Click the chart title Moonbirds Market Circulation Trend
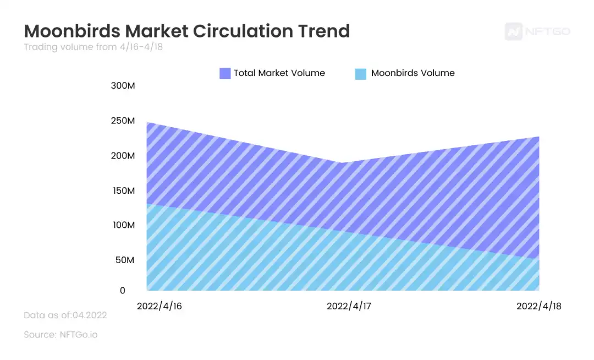click(x=186, y=30)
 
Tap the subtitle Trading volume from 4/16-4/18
click(x=93, y=47)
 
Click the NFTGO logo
click(x=537, y=31)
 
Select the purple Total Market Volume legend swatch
click(x=225, y=73)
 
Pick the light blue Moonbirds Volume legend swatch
click(x=361, y=73)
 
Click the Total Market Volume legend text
click(x=279, y=73)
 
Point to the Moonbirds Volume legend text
click(x=413, y=73)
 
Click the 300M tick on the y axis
click(x=123, y=86)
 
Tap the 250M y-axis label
click(x=123, y=121)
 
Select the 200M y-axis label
click(x=123, y=156)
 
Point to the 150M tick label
click(x=123, y=190)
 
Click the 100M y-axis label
click(x=123, y=225)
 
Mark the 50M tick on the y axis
click(x=125, y=260)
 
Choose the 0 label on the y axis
click(x=123, y=291)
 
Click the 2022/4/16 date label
click(x=159, y=306)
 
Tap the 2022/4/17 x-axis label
click(x=349, y=306)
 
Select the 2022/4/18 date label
click(x=538, y=306)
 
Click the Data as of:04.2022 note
click(x=65, y=315)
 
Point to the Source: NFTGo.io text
click(x=61, y=334)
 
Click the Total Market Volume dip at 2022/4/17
click(x=342, y=163)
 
